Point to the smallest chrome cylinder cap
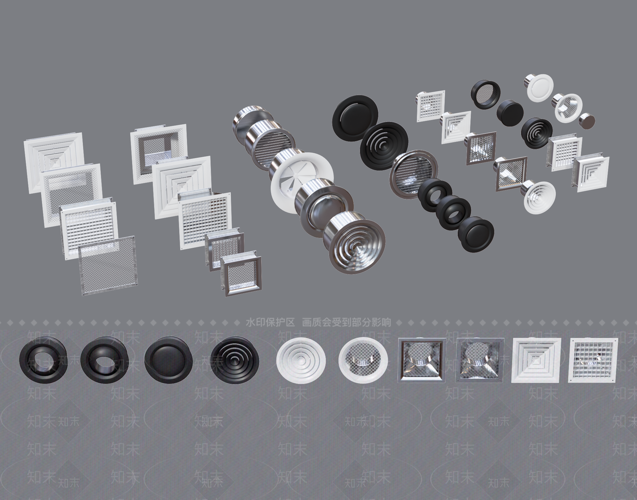tap(588, 121)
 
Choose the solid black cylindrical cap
tap(510, 112)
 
